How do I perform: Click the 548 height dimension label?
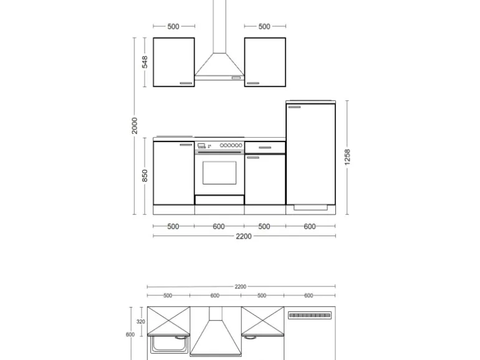[144, 62]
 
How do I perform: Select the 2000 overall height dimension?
[135, 125]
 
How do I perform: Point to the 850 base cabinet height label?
[144, 176]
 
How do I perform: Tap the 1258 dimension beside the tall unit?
[347, 156]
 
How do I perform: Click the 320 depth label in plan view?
[140, 322]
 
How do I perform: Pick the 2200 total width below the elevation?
[244, 236]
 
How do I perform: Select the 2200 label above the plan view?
[240, 287]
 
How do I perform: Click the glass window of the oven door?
[219, 173]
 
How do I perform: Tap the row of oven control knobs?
[231, 145]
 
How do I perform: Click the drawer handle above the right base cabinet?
[264, 148]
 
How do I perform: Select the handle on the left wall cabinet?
[186, 83]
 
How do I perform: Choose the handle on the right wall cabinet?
[252, 83]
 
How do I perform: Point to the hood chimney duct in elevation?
[219, 25]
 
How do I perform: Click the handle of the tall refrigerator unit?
[294, 107]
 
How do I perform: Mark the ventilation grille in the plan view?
[308, 315]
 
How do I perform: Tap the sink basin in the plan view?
[168, 343]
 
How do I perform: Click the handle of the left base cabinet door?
[186, 144]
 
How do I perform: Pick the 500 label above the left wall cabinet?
[173, 26]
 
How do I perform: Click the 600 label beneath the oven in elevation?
[219, 227]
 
